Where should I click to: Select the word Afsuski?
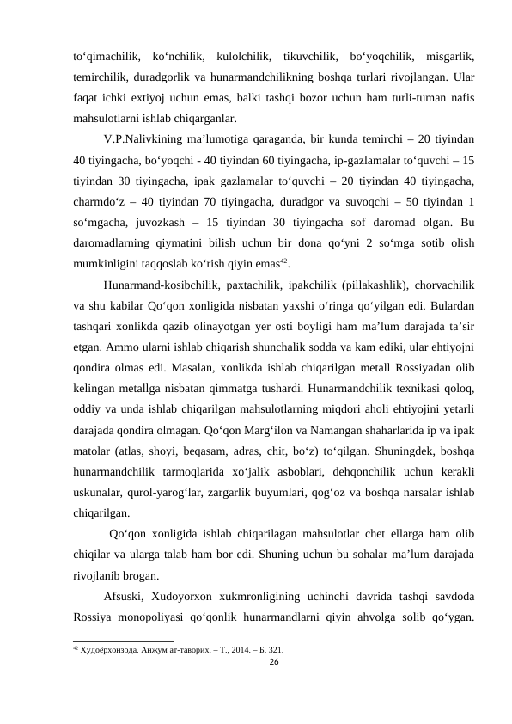click(123, 596)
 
